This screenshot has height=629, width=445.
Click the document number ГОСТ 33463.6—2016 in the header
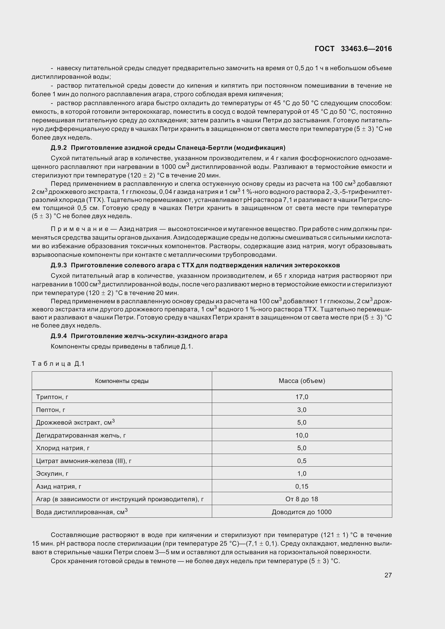tap(353, 49)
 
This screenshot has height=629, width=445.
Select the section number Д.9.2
tap(59, 148)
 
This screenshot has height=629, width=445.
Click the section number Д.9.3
tap(59, 265)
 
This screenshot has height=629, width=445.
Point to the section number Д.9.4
tap(59, 336)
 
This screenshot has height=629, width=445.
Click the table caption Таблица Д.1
tap(58, 364)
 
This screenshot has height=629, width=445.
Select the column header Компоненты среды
tap(122, 381)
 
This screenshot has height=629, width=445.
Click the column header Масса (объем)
tap(302, 381)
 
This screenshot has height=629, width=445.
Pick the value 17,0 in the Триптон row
tap(302, 397)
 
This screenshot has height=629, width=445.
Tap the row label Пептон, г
tap(50, 410)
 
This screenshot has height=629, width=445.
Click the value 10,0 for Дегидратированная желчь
tap(302, 435)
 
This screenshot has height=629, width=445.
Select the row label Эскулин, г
tap(52, 473)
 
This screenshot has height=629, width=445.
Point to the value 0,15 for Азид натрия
tap(302, 486)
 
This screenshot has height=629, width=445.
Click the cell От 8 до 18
tap(302, 499)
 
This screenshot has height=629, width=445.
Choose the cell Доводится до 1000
tap(302, 512)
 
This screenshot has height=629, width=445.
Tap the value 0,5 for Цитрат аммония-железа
tap(302, 461)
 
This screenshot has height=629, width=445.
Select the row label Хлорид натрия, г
tap(63, 448)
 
